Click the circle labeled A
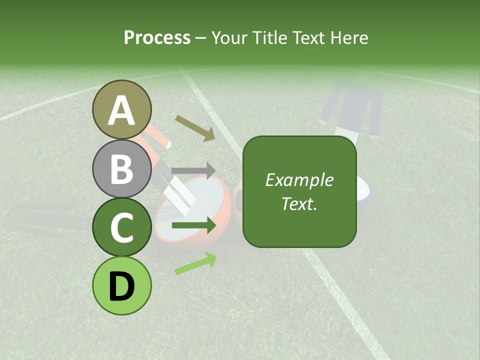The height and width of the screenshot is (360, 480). pyautogui.click(x=122, y=109)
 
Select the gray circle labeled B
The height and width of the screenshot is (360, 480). pyautogui.click(x=122, y=168)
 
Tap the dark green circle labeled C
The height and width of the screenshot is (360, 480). pyautogui.click(x=122, y=227)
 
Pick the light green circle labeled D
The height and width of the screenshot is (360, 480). pyautogui.click(x=122, y=285)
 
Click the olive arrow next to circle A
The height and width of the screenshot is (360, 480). pyautogui.click(x=195, y=128)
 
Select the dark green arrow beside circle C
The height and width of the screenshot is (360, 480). pyautogui.click(x=193, y=226)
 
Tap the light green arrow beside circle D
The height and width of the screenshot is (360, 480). pyautogui.click(x=195, y=263)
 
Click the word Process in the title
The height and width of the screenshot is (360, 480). pyautogui.click(x=157, y=37)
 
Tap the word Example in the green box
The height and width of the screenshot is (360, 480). pyautogui.click(x=299, y=180)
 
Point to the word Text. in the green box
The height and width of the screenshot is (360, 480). pyautogui.click(x=299, y=203)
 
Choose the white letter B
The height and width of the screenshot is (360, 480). pyautogui.click(x=122, y=169)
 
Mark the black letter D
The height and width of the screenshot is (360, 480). pyautogui.click(x=122, y=286)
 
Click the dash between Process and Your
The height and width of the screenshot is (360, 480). pyautogui.click(x=201, y=38)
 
